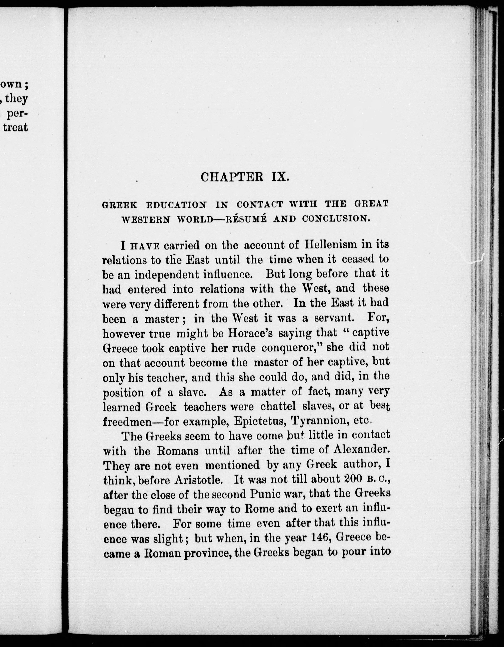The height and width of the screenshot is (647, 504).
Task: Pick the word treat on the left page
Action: tap(15, 127)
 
